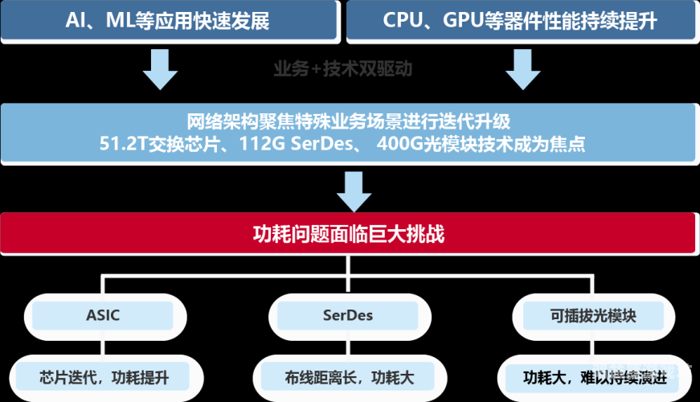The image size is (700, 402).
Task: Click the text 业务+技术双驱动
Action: pos(342,69)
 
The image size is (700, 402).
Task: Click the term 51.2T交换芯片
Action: pos(156,146)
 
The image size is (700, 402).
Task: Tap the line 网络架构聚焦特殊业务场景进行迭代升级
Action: pos(349,123)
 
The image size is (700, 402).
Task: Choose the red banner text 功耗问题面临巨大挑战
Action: pos(349,235)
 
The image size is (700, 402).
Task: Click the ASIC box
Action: pos(103,315)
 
